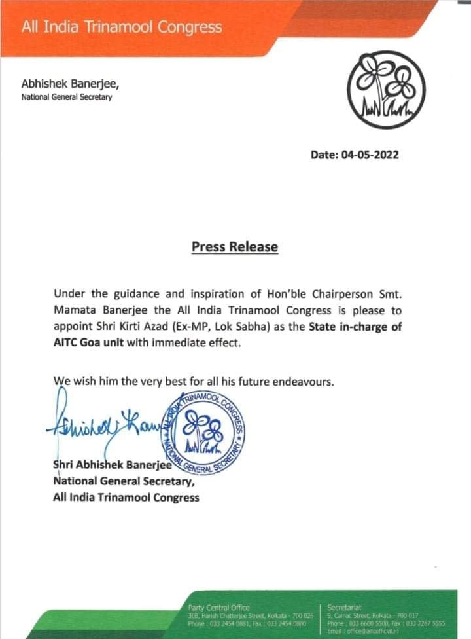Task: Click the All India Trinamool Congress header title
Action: (122, 27)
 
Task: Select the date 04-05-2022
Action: (354, 155)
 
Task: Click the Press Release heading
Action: (235, 247)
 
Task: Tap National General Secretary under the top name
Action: (67, 98)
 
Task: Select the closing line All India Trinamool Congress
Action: (126, 498)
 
